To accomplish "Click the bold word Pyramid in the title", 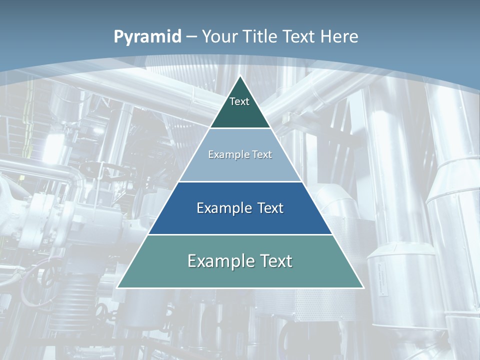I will (147, 37).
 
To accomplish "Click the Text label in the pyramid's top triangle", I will (239, 101).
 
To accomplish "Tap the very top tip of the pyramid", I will (240, 76).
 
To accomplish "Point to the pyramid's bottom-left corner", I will (117, 287).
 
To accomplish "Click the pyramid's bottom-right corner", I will (363, 287).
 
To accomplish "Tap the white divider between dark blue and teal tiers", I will (240, 234).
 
